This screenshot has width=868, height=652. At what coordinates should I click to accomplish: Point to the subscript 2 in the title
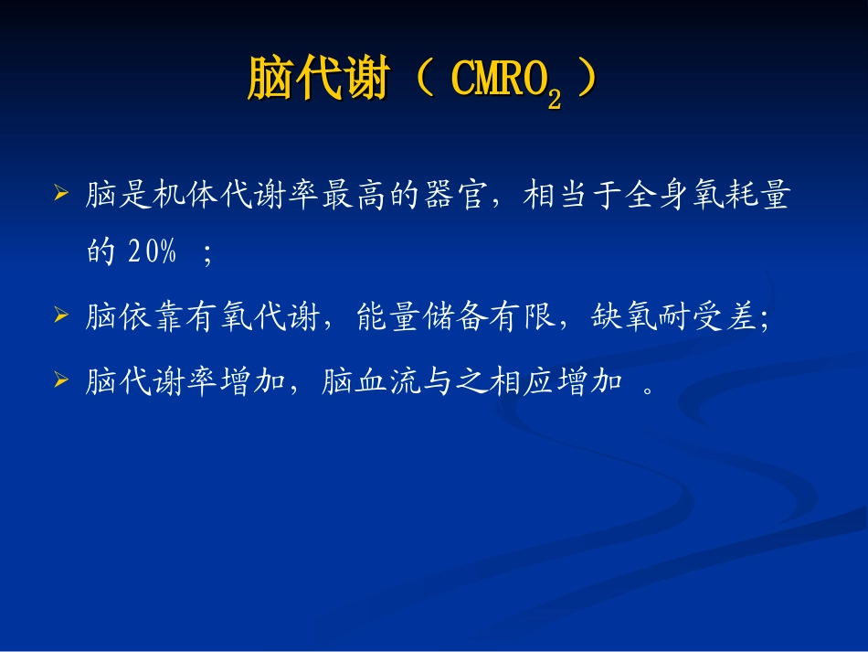[x=554, y=99]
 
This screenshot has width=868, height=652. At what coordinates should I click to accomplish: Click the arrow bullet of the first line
[x=61, y=195]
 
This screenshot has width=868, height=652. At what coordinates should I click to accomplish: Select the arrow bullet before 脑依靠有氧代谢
[x=61, y=316]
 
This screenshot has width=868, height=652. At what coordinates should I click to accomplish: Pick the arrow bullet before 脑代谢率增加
[x=61, y=378]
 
